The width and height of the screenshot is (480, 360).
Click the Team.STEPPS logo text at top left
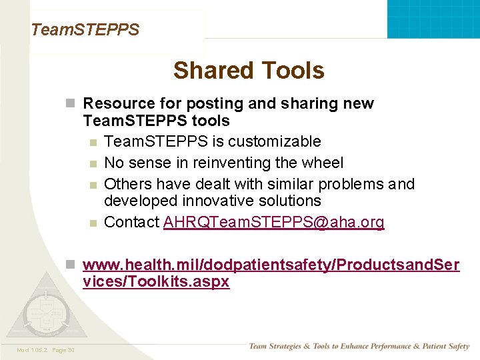pos(85,30)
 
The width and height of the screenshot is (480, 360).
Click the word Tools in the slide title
pos(293,71)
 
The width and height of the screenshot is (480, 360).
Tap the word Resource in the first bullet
pos(114,104)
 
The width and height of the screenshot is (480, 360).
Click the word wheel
pos(322,163)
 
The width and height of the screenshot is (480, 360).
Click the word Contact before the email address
pos(132,223)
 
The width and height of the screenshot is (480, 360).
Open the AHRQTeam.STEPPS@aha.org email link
pos(273,223)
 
